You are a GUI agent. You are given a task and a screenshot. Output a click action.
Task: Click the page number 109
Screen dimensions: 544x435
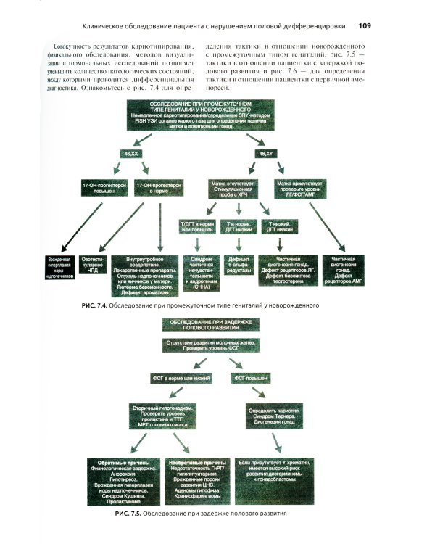pyautogui.click(x=365, y=26)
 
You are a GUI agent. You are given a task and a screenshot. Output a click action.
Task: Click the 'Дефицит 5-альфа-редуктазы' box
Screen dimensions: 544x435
pyautogui.click(x=238, y=263)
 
